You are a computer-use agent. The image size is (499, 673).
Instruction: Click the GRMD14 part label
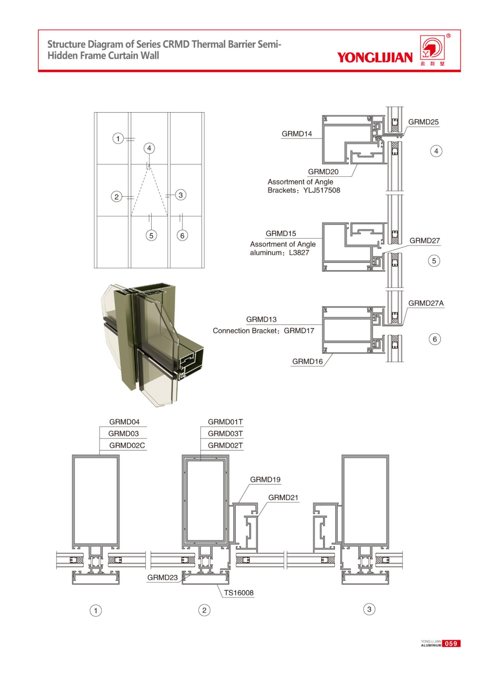(297, 134)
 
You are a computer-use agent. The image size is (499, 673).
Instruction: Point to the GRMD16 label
(307, 361)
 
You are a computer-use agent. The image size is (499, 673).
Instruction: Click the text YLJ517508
(322, 190)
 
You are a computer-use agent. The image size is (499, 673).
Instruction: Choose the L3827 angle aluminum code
(299, 252)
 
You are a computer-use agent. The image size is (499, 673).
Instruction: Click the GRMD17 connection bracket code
(299, 330)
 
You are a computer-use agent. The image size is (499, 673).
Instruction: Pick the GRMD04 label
(124, 421)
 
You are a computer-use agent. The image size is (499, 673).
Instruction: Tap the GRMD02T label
(225, 445)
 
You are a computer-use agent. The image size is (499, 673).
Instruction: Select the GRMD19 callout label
(265, 479)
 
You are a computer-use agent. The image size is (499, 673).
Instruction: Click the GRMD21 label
(283, 497)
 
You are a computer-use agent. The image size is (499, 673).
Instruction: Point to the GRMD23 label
(162, 577)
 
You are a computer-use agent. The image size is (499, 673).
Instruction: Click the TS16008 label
(238, 593)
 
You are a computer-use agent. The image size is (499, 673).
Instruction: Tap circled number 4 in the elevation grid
(149, 148)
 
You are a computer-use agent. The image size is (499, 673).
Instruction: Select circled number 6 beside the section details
(435, 339)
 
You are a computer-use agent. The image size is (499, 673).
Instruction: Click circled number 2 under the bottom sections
(204, 610)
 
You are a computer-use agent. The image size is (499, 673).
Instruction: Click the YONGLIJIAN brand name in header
(374, 57)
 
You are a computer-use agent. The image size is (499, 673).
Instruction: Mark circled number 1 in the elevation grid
(118, 139)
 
